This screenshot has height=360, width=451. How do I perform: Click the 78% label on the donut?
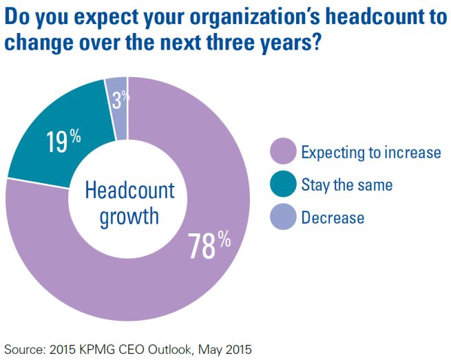pyautogui.click(x=209, y=246)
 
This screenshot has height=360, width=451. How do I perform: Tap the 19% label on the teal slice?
pyautogui.click(x=63, y=141)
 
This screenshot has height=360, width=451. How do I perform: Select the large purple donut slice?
pyautogui.click(x=172, y=289)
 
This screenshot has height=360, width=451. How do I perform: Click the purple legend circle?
pyautogui.click(x=282, y=151)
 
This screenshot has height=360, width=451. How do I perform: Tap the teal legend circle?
pyautogui.click(x=282, y=184)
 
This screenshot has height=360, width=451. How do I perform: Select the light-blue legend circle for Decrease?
pyautogui.click(x=282, y=218)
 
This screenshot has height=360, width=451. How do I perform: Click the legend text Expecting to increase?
pyautogui.click(x=370, y=151)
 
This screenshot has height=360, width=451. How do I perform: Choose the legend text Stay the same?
pyautogui.click(x=347, y=184)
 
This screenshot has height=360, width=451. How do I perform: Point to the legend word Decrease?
pyautogui.click(x=333, y=218)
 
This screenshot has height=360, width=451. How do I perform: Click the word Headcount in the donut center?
pyautogui.click(x=129, y=191)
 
